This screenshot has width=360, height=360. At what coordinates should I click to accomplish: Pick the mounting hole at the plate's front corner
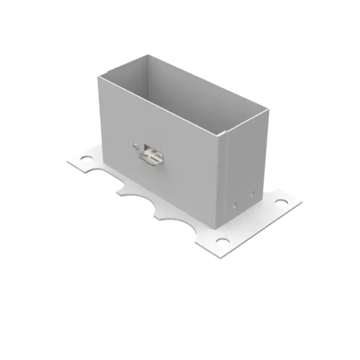tap(223, 241)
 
